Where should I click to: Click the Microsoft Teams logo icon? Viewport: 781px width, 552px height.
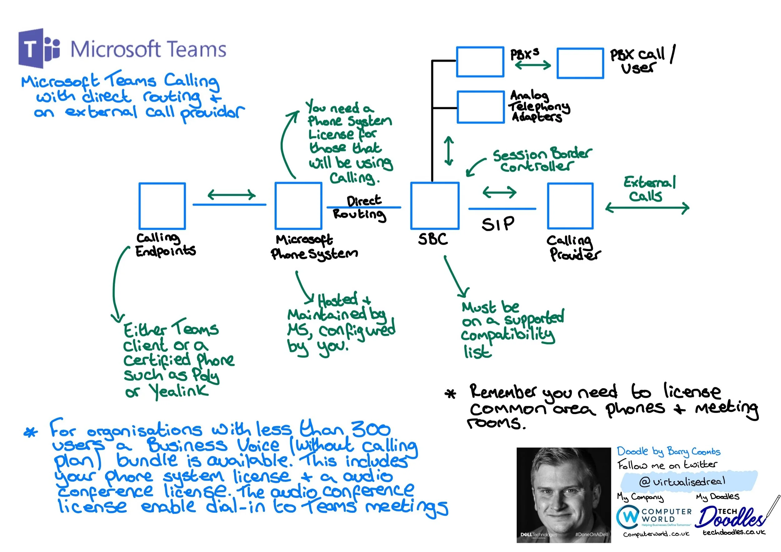tap(39, 49)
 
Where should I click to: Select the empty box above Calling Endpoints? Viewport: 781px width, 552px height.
tap(162, 206)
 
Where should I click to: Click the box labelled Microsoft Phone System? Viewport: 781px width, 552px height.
tap(298, 206)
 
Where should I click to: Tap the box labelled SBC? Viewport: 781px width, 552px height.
tap(435, 206)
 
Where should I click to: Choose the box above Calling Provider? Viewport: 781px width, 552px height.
tap(570, 206)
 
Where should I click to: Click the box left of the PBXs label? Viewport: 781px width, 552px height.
tap(480, 62)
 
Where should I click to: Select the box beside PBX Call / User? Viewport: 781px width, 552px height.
tap(580, 63)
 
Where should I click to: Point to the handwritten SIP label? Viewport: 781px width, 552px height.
tap(498, 224)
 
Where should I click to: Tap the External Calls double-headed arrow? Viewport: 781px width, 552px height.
tap(647, 208)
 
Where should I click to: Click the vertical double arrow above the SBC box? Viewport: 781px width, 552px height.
tap(449, 151)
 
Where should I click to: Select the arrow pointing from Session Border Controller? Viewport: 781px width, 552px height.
tap(475, 167)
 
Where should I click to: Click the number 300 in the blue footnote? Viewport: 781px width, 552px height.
tap(371, 429)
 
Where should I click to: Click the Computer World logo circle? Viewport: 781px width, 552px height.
tap(628, 517)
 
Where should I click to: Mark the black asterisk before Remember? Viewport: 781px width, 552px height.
tap(451, 394)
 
